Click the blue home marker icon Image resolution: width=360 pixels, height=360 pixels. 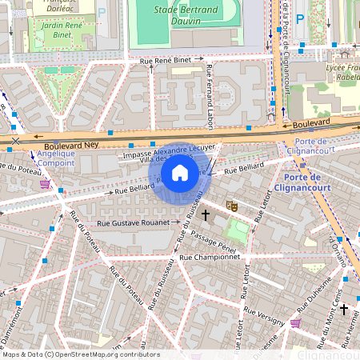(x=180, y=173)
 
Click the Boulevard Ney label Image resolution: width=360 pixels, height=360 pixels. (x=70, y=146)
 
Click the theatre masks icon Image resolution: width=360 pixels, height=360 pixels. (x=233, y=206)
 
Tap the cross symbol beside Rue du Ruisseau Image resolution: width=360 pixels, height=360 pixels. (x=206, y=214)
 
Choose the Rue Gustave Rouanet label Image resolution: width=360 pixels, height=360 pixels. (x=133, y=222)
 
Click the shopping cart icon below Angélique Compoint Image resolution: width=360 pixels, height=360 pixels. (x=46, y=184)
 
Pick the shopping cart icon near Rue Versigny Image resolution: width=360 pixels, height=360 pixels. (x=296, y=322)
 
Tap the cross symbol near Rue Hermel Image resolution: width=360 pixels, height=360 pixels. (x=344, y=309)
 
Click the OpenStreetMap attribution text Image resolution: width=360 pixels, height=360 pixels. (x=81, y=354)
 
